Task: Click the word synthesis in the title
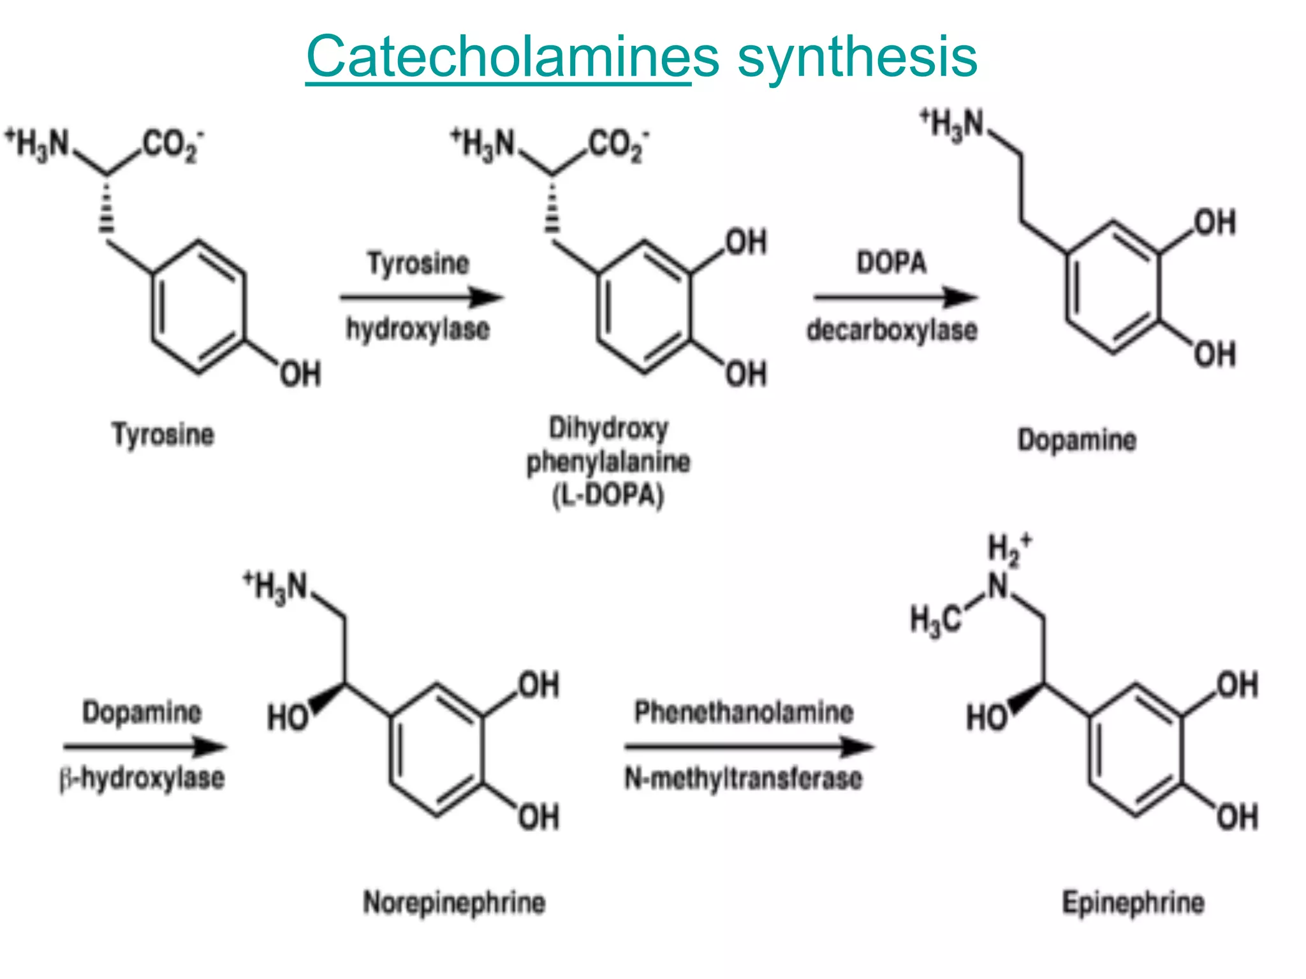(x=857, y=57)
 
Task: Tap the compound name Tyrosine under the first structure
(x=163, y=435)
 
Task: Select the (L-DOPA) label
(x=608, y=495)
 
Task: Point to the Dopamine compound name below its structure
(x=1077, y=440)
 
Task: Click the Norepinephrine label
(x=454, y=903)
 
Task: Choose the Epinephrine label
(x=1133, y=903)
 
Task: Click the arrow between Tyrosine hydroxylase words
(x=421, y=297)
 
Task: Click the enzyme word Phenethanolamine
(x=744, y=712)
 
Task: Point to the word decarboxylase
(x=892, y=330)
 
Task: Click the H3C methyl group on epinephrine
(x=935, y=620)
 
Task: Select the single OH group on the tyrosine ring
(x=300, y=374)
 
